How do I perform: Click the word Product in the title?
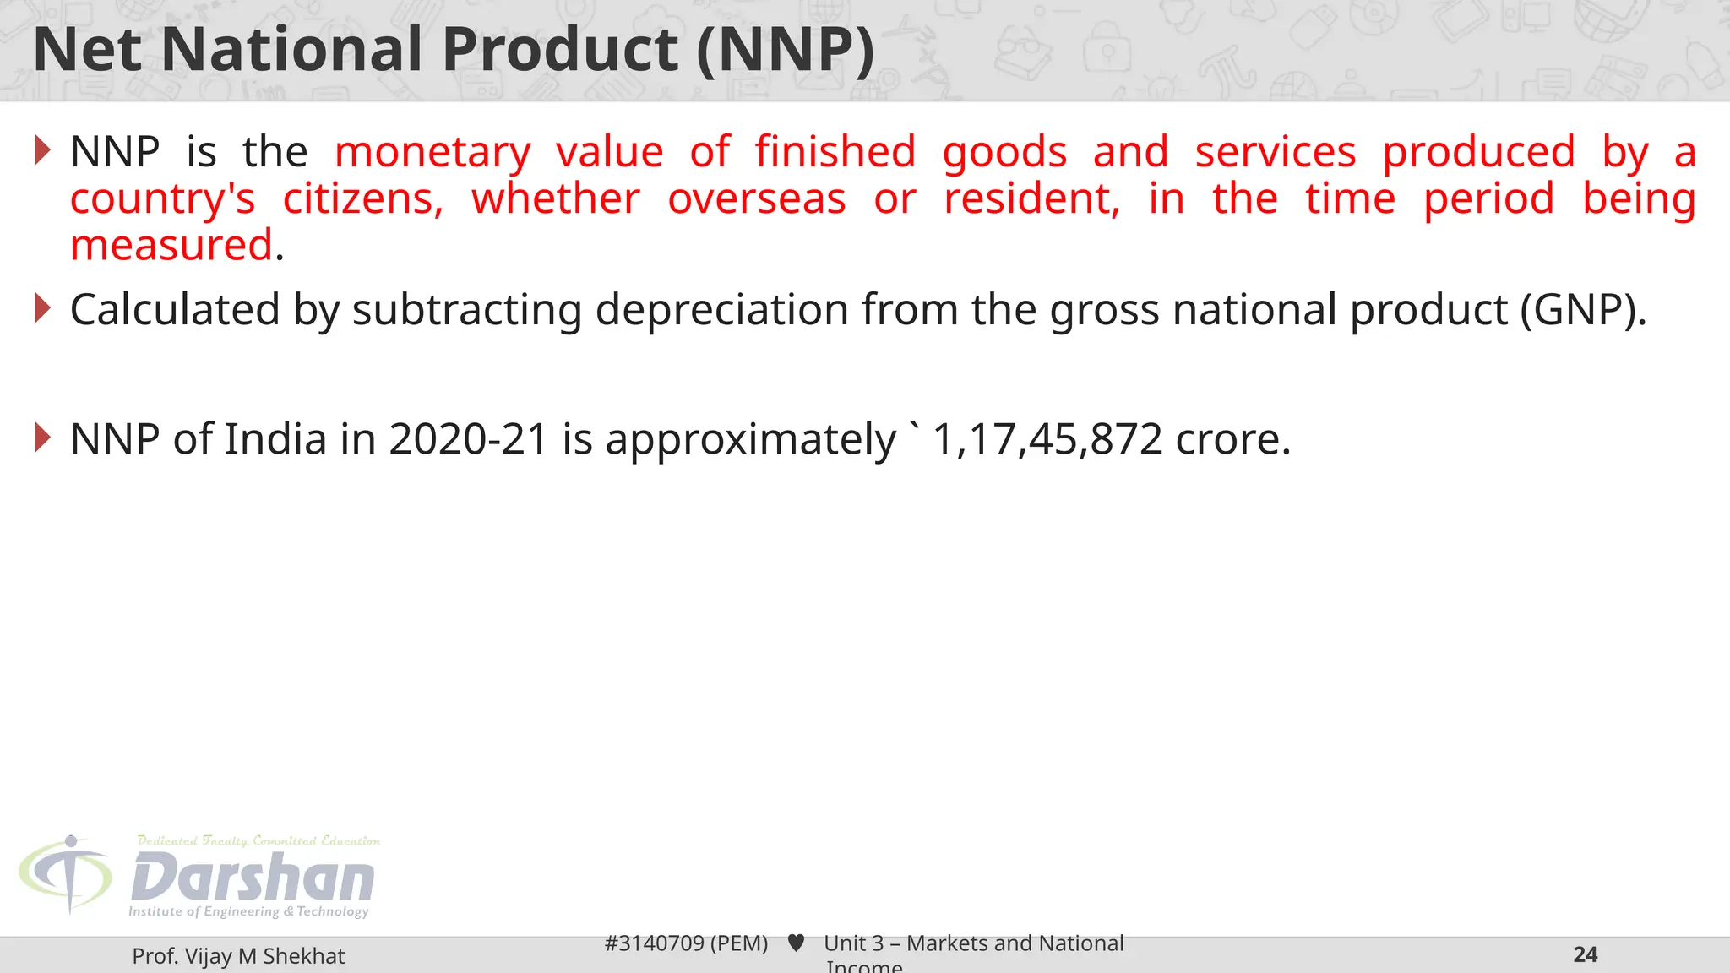[559, 49]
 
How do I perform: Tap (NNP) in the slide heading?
[786, 49]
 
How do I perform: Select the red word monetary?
[432, 153]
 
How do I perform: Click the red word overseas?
[757, 199]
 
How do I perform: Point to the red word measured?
[172, 246]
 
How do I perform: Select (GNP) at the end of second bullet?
[1581, 309]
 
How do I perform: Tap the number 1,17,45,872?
[1047, 439]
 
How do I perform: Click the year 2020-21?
[469, 439]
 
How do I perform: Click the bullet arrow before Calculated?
[43, 308]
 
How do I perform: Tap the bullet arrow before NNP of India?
[43, 438]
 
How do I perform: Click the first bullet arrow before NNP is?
[43, 150]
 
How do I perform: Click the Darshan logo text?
[253, 878]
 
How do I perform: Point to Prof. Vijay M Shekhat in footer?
[238, 956]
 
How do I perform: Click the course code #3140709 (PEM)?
[686, 943]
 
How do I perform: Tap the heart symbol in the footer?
[796, 943]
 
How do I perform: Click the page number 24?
[1585, 955]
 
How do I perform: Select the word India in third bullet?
[275, 439]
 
